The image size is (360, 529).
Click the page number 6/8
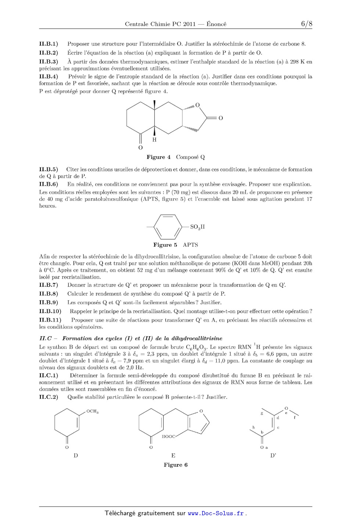[306, 24]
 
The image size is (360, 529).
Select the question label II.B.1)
[48, 44]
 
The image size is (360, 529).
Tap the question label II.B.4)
[48, 77]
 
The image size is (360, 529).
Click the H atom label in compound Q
[154, 140]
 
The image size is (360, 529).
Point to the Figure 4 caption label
[158, 157]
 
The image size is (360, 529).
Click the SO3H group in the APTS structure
[197, 227]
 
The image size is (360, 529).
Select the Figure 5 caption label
[165, 245]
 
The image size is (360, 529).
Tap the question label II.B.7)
[48, 285]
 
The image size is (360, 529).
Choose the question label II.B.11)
[50, 320]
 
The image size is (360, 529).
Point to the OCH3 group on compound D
[92, 412]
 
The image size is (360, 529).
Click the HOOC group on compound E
[169, 436]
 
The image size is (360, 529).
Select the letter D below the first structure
[76, 456]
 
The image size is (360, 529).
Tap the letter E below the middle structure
[173, 456]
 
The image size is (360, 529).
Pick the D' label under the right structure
[273, 456]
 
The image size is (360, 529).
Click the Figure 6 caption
[176, 465]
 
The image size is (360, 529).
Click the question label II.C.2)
[48, 397]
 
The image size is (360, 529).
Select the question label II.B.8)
[48, 294]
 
